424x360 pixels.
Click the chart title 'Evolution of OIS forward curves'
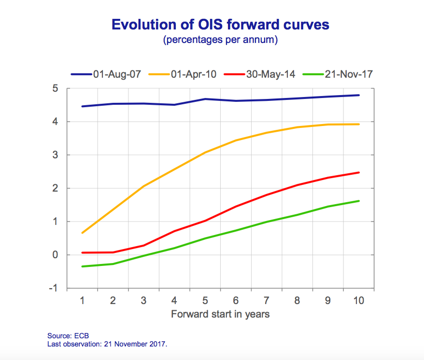pyautogui.click(x=221, y=25)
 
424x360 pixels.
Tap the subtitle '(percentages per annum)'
pyautogui.click(x=221, y=40)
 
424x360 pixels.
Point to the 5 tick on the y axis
pyautogui.click(x=56, y=89)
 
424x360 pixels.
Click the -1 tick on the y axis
pyautogui.click(x=54, y=288)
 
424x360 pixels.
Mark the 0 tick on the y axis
pyautogui.click(x=56, y=255)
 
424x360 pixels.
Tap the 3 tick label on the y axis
pyautogui.click(x=56, y=155)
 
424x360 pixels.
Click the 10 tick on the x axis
pyautogui.click(x=359, y=300)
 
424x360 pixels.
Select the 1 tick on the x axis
pyautogui.click(x=82, y=300)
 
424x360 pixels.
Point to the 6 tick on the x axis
pyautogui.click(x=236, y=300)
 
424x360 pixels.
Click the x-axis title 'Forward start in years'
pyautogui.click(x=220, y=314)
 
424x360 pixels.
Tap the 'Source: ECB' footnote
pyautogui.click(x=68, y=335)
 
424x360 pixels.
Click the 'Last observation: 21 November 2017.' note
pyautogui.click(x=107, y=344)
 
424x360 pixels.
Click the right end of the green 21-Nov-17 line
pyautogui.click(x=359, y=201)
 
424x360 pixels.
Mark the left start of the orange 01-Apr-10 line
pyautogui.click(x=82, y=233)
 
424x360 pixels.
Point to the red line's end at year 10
pyautogui.click(x=359, y=172)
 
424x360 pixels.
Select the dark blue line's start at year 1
pyautogui.click(x=82, y=106)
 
